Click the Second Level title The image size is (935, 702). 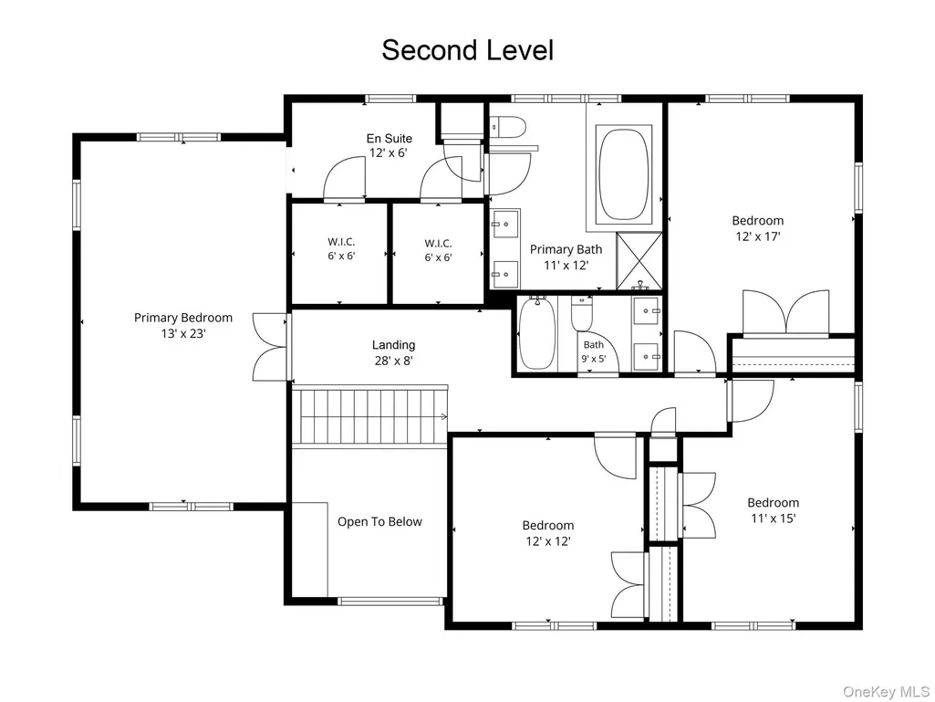[x=467, y=50]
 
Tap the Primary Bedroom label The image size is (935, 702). [x=183, y=318]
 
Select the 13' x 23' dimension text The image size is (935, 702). [x=183, y=334]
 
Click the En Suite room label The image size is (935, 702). [x=390, y=139]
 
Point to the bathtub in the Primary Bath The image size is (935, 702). [x=623, y=175]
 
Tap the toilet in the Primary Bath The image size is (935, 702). [x=509, y=127]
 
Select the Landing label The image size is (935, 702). [x=393, y=344]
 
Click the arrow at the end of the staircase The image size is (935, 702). [x=443, y=416]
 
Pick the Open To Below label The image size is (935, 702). [x=379, y=522]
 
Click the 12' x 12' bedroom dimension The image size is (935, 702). [x=548, y=541]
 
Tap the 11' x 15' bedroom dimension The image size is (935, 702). [x=774, y=519]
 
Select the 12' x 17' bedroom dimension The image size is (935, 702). [x=758, y=236]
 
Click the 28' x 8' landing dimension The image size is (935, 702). [x=393, y=361]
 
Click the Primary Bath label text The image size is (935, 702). [x=566, y=249]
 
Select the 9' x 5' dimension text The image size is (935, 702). [x=593, y=359]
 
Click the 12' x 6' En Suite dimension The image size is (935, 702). [x=389, y=152]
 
